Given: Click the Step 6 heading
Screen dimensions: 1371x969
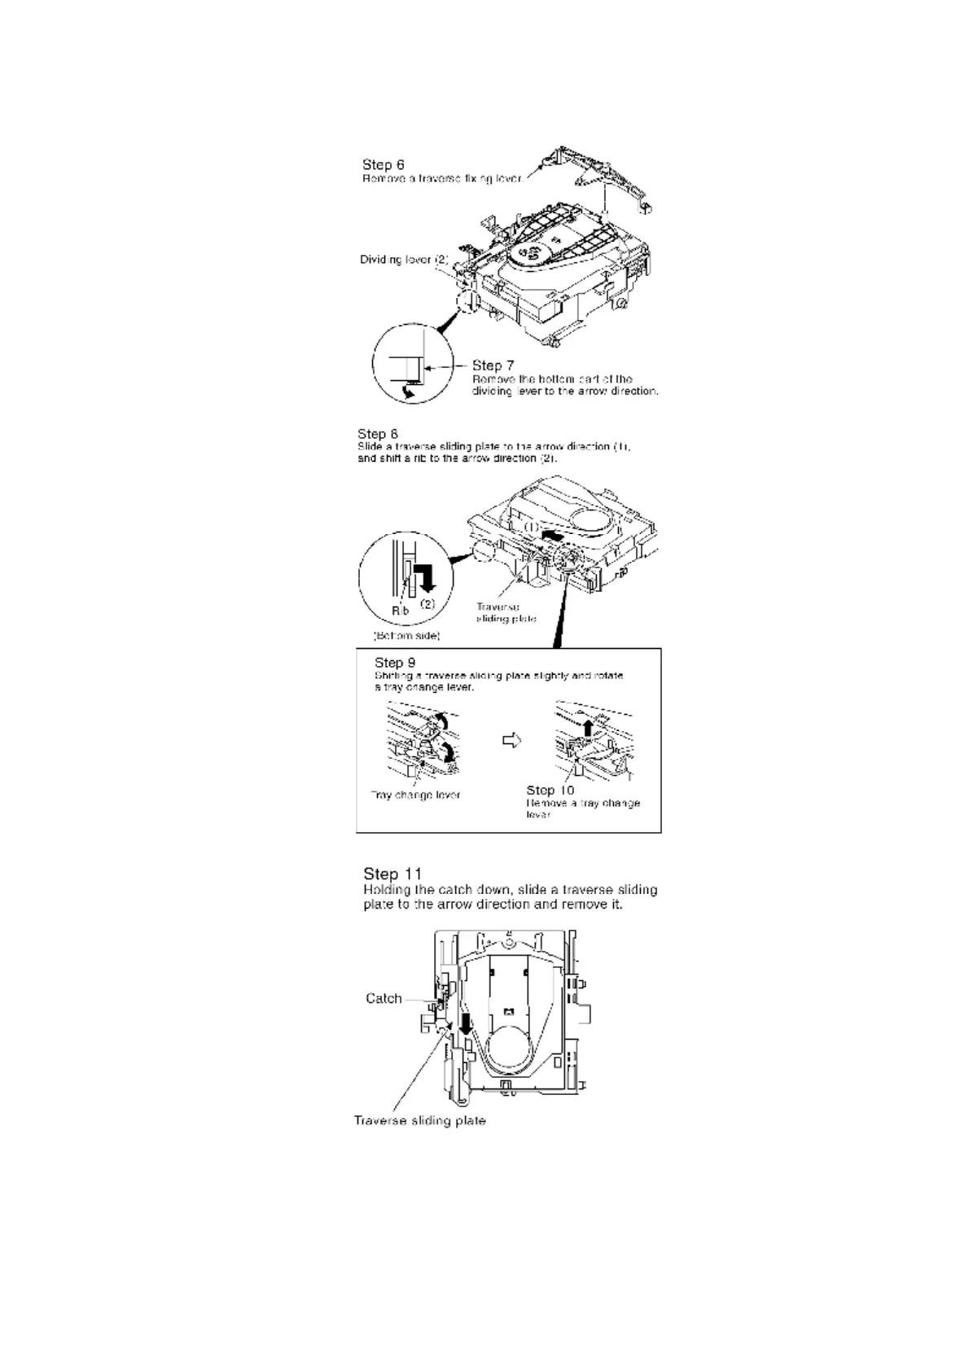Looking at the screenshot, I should click(384, 164).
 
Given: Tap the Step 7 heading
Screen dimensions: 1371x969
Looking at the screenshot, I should click(493, 365).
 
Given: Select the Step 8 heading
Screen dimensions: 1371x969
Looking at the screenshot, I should click(378, 433).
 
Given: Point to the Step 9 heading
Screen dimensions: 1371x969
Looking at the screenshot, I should click(395, 662).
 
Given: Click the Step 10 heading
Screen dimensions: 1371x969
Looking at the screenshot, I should click(550, 790).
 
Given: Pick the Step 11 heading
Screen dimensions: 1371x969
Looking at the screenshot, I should click(392, 874).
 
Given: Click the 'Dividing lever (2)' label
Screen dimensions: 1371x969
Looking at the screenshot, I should click(404, 260).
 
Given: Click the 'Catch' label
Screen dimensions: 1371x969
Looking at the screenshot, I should click(384, 998).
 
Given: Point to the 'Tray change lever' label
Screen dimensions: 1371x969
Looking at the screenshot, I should click(415, 795).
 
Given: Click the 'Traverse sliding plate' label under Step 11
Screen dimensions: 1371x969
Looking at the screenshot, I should click(419, 1120).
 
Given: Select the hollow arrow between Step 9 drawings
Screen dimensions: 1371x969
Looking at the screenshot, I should click(511, 740).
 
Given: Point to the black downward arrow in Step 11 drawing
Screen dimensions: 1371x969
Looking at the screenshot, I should click(465, 1023).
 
